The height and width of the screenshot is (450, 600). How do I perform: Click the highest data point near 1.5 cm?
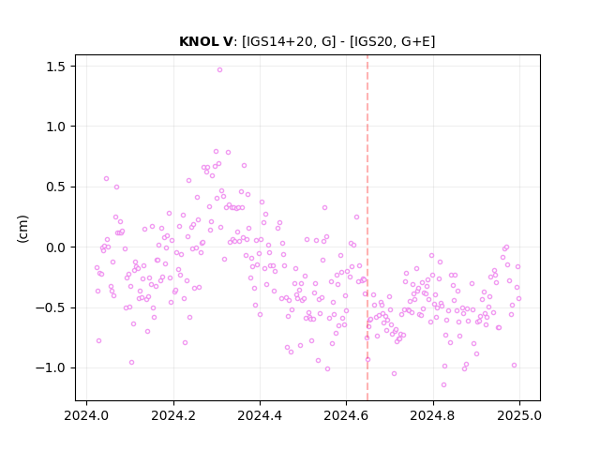click(219, 69)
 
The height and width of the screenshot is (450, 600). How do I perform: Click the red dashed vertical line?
click(367, 228)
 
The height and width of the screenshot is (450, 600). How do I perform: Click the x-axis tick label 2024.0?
click(86, 415)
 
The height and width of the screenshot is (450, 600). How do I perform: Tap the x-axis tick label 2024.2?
click(173, 415)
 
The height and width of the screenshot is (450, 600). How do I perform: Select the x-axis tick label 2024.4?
click(260, 415)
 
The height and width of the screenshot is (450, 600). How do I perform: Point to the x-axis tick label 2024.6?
click(346, 415)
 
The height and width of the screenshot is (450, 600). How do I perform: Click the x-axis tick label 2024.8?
click(433, 415)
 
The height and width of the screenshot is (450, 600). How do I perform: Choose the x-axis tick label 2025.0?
click(519, 415)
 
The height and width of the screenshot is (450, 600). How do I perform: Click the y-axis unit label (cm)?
click(22, 229)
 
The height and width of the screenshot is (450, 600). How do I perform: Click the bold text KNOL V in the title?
click(206, 41)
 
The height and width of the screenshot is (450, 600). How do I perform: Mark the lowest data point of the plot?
click(443, 384)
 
